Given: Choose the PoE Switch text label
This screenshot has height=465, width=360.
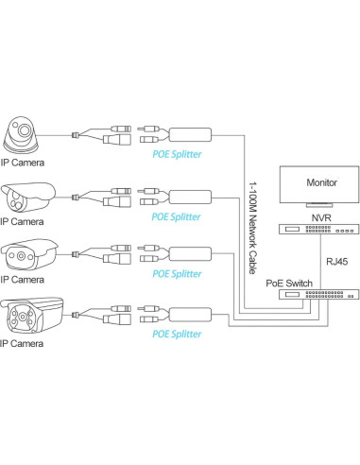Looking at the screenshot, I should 294,282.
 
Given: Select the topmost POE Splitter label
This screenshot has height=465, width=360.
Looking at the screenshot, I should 177,152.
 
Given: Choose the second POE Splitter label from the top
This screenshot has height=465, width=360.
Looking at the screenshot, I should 177,216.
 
